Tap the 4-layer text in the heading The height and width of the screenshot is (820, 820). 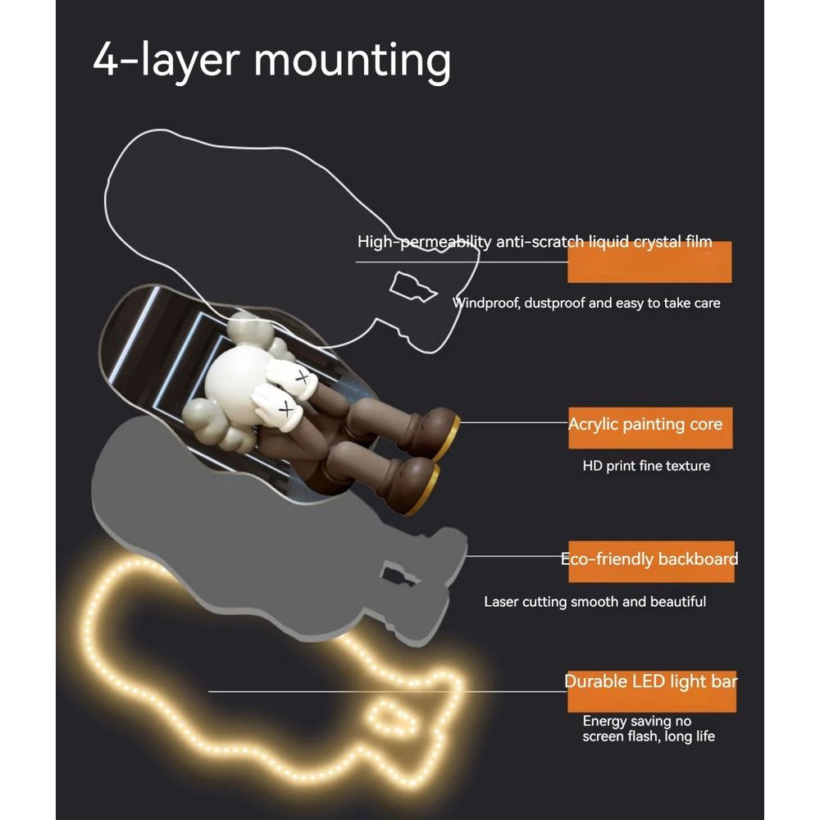point(166,61)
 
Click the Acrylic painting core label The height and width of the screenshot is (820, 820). point(645,424)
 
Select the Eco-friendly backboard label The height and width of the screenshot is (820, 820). point(649,559)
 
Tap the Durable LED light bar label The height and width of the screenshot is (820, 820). point(651,681)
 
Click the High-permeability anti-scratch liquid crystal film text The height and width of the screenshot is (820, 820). point(535,242)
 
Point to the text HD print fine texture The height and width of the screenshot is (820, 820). point(646,466)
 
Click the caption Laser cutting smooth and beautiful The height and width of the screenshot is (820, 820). point(595,601)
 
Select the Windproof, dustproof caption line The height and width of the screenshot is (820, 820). point(586,303)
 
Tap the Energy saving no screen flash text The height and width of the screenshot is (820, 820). point(649,728)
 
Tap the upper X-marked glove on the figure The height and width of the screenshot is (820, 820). point(293,377)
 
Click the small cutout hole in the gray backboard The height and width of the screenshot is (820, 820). point(399,575)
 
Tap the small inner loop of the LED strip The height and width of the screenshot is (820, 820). point(391,718)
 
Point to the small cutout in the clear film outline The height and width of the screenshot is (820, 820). point(412,286)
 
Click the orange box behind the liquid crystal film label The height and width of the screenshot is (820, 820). point(649,262)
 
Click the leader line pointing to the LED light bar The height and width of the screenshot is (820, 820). point(388,691)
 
